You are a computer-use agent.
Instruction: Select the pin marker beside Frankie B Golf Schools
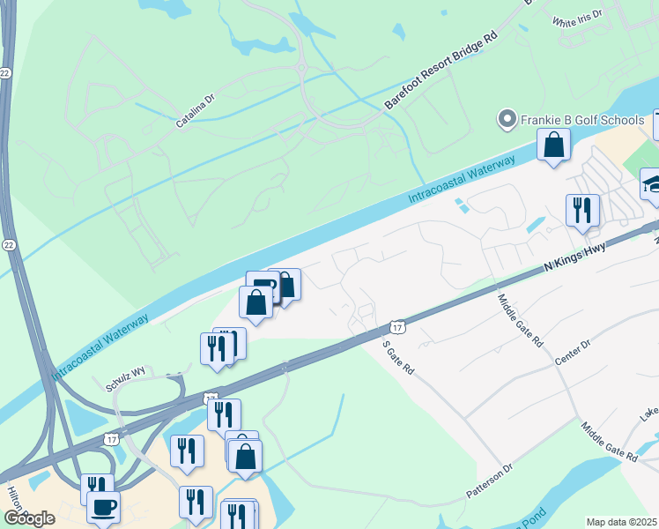pyautogui.click(x=507, y=118)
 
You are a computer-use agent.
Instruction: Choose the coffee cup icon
pyautogui.click(x=104, y=507)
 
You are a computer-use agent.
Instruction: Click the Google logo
pyautogui.click(x=29, y=518)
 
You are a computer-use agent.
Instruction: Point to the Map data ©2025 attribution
pyautogui.click(x=621, y=522)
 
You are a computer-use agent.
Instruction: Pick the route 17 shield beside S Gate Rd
pyautogui.click(x=398, y=325)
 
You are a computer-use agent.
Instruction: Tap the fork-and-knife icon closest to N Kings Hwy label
pyautogui.click(x=582, y=211)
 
